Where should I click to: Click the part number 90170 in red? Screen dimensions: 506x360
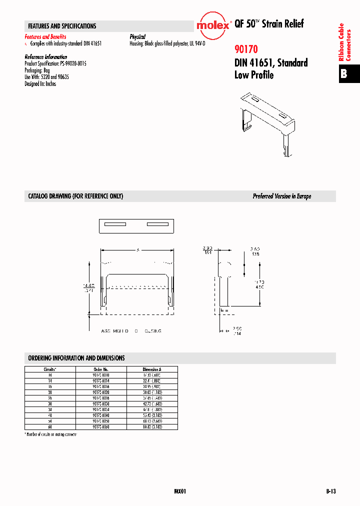coord(246,49)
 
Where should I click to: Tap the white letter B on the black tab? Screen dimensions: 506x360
coord(344,74)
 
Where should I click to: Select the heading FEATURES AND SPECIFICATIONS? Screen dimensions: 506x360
coord(62,26)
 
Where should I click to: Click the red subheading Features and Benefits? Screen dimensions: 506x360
coord(45,37)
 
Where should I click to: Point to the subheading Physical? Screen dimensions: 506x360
coord(137,37)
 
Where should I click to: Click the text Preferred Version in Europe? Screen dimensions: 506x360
coord(281,196)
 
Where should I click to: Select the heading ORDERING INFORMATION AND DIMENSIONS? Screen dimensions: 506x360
coord(76,358)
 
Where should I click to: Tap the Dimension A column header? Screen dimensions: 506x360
coord(151,369)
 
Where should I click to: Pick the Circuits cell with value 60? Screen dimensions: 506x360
coord(50,427)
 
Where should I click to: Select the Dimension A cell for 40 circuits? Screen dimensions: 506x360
coord(151,415)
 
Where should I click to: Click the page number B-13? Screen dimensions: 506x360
coord(328,491)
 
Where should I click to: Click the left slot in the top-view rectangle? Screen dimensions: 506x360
coord(115,224)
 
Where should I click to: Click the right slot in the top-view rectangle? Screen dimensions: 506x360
coord(157,224)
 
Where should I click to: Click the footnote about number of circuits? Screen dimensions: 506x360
coord(51,434)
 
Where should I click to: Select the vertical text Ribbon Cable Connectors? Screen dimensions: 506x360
coord(344,42)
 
